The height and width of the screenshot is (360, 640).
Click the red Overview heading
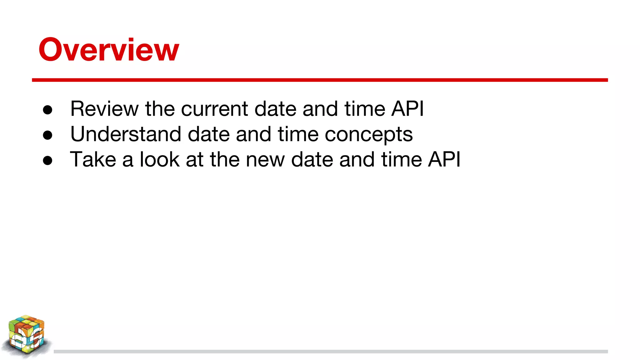(x=109, y=49)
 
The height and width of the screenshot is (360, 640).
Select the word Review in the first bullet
(x=104, y=109)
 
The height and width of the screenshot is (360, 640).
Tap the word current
(x=215, y=109)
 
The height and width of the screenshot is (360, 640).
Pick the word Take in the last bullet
(x=93, y=159)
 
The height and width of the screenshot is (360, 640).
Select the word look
(x=159, y=159)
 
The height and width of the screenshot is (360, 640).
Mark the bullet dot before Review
(x=47, y=110)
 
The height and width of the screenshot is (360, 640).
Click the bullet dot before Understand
(x=47, y=135)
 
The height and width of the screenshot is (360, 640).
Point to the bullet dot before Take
(x=47, y=161)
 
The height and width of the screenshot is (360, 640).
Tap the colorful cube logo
(x=26, y=336)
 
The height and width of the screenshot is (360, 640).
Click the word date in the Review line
(x=275, y=109)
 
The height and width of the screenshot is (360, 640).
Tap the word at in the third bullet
(x=194, y=159)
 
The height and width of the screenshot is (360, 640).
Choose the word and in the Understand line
(x=253, y=134)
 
